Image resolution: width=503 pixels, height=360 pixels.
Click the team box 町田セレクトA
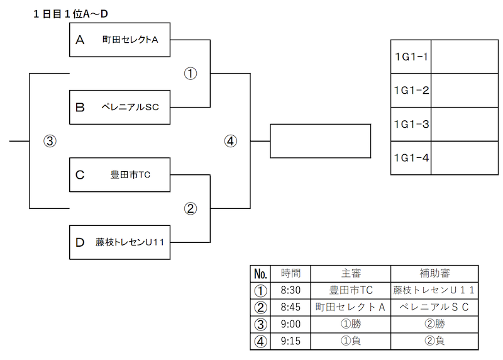(119, 40)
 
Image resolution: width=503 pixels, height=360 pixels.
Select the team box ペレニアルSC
(119, 107)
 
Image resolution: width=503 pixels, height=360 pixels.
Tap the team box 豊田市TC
(119, 175)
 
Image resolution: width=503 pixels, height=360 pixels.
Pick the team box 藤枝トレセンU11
(119, 242)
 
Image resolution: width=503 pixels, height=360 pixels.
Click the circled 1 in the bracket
(191, 74)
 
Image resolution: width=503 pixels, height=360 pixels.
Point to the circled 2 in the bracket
(191, 209)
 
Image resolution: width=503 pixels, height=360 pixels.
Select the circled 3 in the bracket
(50, 141)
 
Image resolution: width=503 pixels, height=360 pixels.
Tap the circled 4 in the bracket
(230, 141)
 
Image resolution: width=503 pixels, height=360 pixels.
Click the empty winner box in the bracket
(321, 141)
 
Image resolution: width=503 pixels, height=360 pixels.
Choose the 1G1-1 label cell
(411, 57)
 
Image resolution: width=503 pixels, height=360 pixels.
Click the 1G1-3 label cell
(411, 124)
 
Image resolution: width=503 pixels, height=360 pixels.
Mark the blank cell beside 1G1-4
(465, 158)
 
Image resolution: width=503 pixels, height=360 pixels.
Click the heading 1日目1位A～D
(70, 14)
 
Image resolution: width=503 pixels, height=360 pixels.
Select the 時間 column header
(290, 274)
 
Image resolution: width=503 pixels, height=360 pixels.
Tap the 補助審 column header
(434, 274)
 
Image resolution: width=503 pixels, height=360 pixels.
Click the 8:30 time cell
(290, 291)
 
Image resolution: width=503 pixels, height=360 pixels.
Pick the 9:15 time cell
(290, 341)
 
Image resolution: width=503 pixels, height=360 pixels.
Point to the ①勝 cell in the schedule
(351, 324)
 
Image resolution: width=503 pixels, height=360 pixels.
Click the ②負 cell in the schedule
(434, 341)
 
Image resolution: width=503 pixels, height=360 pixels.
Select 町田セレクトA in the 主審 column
(351, 307)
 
